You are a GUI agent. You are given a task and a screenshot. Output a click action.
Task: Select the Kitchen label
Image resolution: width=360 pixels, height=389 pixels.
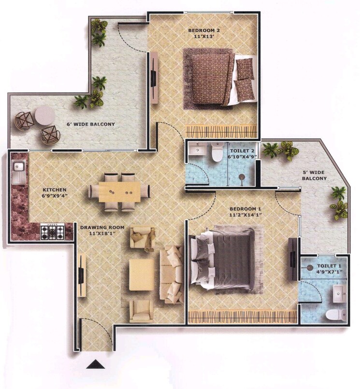pos(54,190)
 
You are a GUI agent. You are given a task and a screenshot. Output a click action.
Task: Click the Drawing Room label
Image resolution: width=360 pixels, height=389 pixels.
pos(102,227)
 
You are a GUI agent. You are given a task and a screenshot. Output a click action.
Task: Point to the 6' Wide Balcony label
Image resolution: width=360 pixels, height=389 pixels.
pos(91,124)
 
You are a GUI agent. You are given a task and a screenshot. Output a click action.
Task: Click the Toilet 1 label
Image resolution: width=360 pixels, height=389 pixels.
pos(330,266)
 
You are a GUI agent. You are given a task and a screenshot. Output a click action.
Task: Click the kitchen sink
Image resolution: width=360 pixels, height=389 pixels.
pos(19,167)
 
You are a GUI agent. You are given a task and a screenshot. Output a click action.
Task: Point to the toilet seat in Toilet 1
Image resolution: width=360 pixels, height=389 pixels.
pos(333,315)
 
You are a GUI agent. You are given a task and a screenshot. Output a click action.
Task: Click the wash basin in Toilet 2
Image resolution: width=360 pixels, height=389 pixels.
pos(197,150)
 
